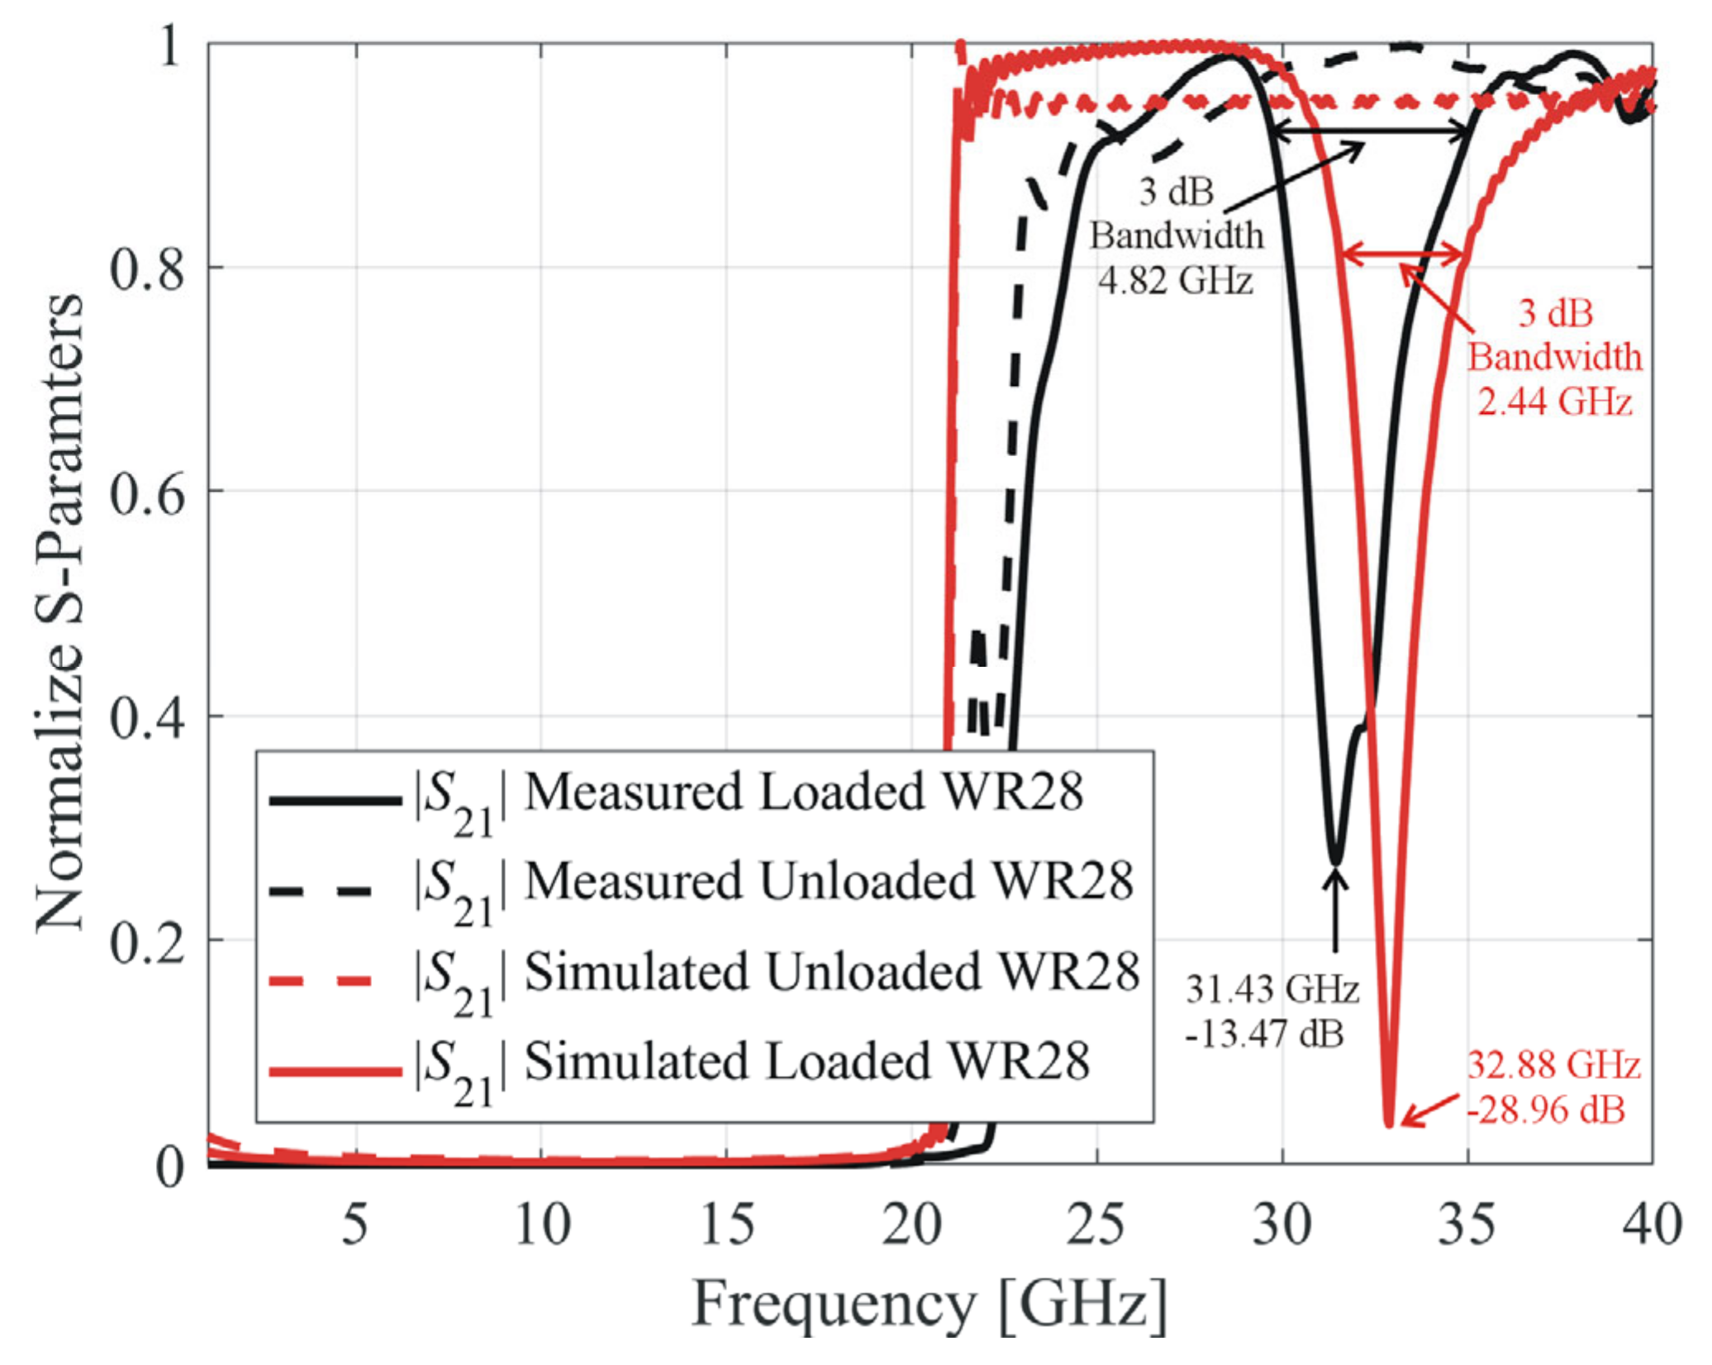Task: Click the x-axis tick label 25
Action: tap(1096, 1225)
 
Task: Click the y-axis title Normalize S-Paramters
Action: tap(59, 611)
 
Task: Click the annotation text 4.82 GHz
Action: tap(1175, 281)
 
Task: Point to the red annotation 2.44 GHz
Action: tap(1554, 402)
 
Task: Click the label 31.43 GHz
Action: tap(1272, 989)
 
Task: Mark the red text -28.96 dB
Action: tap(1545, 1110)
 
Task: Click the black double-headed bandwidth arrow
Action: tap(1372, 131)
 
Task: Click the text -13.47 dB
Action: tap(1264, 1034)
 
